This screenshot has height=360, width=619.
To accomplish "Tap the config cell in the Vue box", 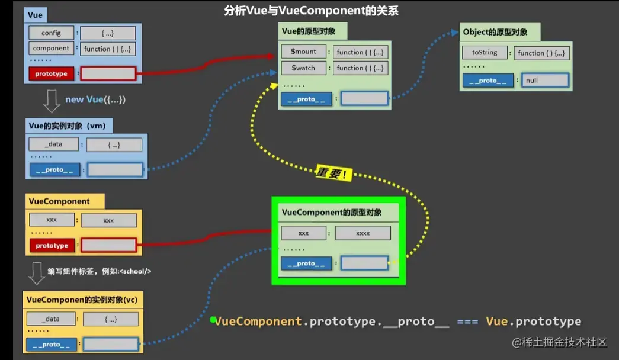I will tap(51, 33).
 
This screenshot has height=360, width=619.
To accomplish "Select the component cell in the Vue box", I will tap(51, 49).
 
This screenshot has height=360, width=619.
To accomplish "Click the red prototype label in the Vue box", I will tap(51, 73).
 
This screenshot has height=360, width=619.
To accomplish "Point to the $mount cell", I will tap(303, 52).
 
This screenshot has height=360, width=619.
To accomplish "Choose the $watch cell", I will tap(303, 68).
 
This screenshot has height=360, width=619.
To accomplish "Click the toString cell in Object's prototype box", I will tap(485, 52).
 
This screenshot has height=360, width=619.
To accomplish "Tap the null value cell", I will tap(545, 81).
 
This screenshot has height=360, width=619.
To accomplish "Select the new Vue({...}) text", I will tap(95, 99).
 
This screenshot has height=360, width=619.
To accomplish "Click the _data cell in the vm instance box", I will tap(53, 144).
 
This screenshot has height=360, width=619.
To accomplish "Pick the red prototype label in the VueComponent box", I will tap(52, 245).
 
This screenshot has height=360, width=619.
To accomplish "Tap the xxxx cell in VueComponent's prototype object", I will tap(363, 233).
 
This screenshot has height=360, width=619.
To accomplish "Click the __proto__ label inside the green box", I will tap(306, 264).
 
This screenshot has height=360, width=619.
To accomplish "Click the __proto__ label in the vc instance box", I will tap(51, 344).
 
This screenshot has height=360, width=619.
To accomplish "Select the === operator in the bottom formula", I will tap(467, 322).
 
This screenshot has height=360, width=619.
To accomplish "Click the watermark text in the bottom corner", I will tap(560, 342).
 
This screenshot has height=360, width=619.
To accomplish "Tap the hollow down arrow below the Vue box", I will tap(52, 101).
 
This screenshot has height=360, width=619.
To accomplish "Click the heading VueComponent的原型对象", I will tap(331, 212).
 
